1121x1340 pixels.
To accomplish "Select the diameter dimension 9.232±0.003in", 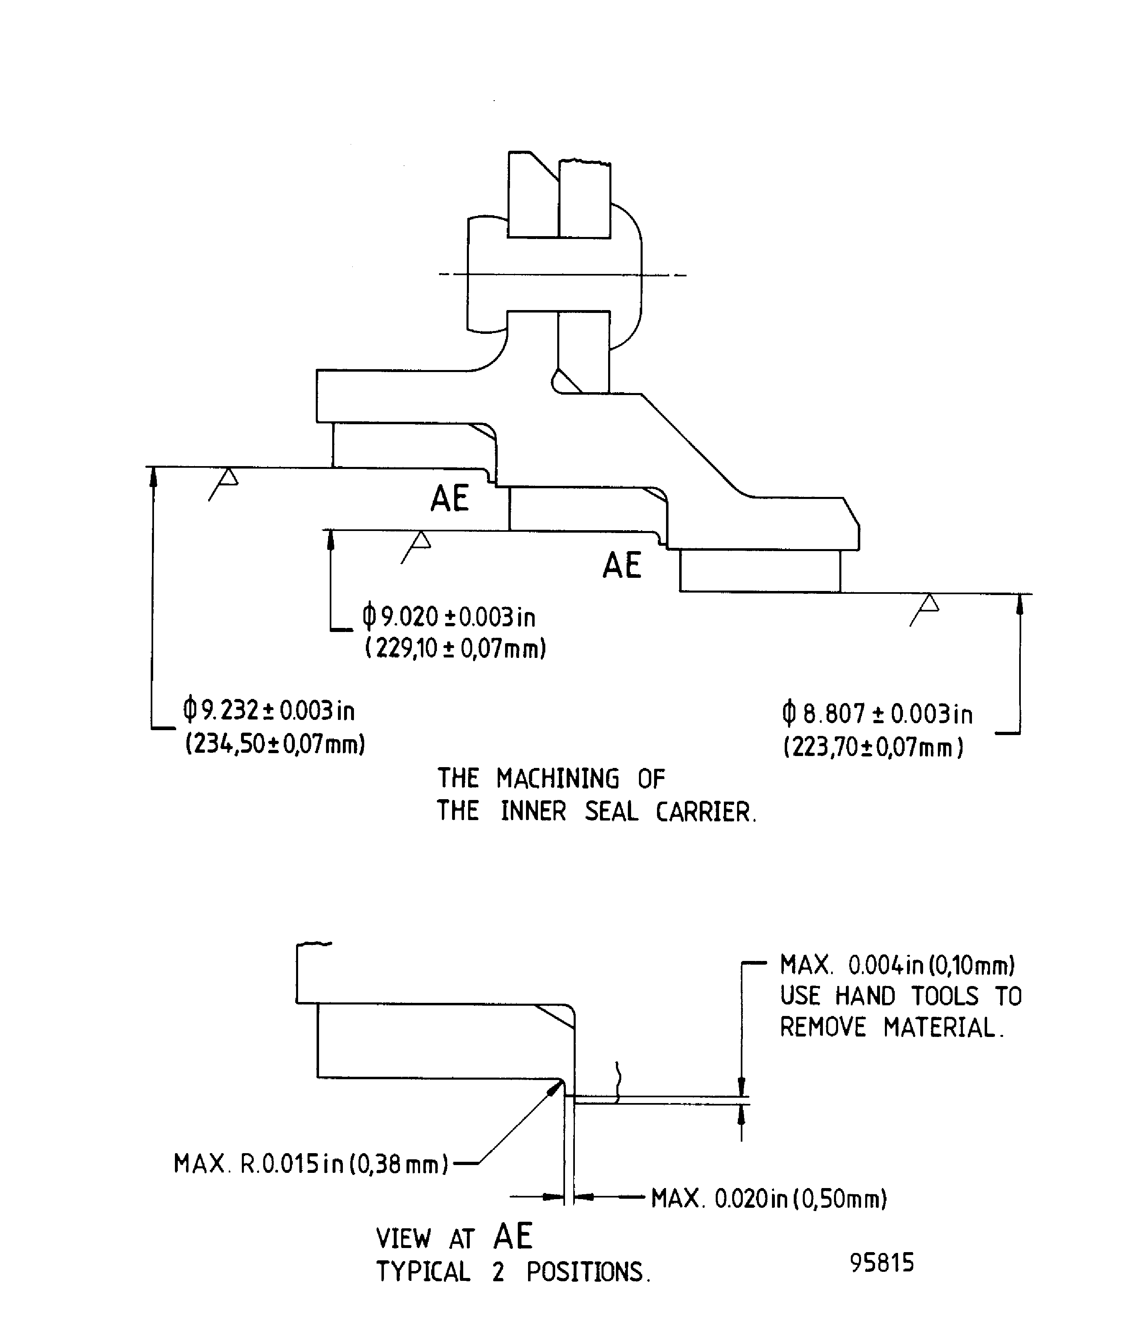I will (x=269, y=710).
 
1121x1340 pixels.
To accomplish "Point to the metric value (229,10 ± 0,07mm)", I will (x=455, y=649).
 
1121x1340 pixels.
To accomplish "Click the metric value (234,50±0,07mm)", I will (x=275, y=744).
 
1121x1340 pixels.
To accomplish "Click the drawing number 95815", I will (x=882, y=1263).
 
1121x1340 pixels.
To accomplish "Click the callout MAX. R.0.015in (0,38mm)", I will (x=311, y=1164).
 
